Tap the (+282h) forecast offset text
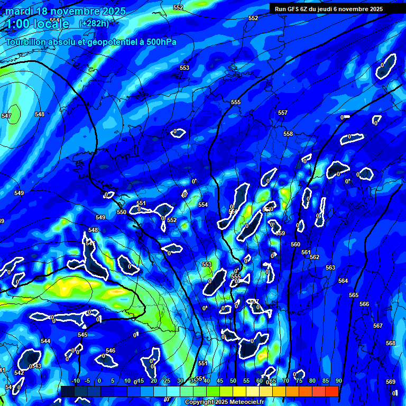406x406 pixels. (x=94, y=24)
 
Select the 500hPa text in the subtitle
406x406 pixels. (x=159, y=42)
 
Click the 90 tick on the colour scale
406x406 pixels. (x=338, y=381)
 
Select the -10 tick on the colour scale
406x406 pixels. (x=75, y=381)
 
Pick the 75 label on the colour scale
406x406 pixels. (x=299, y=381)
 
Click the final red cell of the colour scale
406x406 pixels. (x=331, y=391)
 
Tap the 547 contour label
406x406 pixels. (x=6, y=116)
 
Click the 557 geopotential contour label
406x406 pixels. (x=283, y=113)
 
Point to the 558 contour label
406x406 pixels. (x=288, y=134)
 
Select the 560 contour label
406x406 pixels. (x=296, y=244)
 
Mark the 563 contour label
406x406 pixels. (x=330, y=267)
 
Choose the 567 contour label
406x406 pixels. (x=377, y=326)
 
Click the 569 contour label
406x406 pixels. (x=390, y=382)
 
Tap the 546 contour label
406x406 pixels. (x=110, y=350)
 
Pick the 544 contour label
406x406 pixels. (x=45, y=341)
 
